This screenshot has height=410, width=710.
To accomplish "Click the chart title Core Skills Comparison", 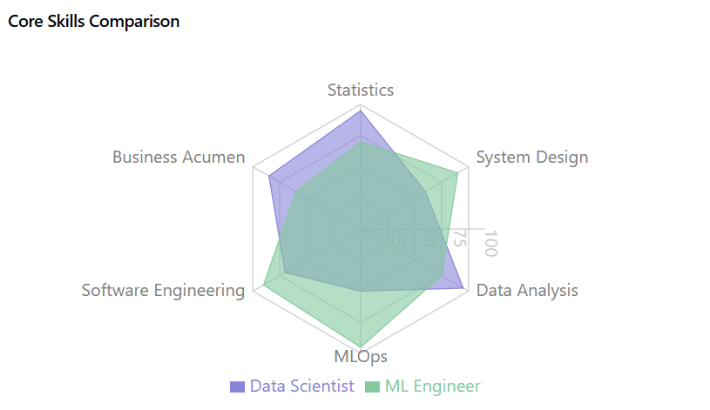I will pyautogui.click(x=94, y=22).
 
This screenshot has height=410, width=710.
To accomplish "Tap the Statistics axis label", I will pyautogui.click(x=361, y=90).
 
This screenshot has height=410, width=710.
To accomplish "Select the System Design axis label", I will pyautogui.click(x=531, y=158).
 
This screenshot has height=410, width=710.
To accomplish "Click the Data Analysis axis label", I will pyautogui.click(x=526, y=291).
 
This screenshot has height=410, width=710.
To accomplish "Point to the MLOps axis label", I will pyautogui.click(x=361, y=357).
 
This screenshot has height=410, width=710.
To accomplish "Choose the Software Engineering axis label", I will pyautogui.click(x=163, y=291).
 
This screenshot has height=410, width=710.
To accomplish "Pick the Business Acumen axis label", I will pyautogui.click(x=179, y=158).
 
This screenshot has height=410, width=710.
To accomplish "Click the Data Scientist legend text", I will pyautogui.click(x=301, y=386).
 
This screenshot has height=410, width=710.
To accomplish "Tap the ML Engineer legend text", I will pyautogui.click(x=432, y=386).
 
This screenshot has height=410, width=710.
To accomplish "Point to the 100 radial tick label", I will pyautogui.click(x=490, y=244).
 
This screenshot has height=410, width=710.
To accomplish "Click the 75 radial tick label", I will pyautogui.click(x=459, y=239).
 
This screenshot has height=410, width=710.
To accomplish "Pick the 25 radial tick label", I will pyautogui.click(x=397, y=237).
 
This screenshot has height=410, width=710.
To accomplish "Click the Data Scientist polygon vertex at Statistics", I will pyautogui.click(x=361, y=111).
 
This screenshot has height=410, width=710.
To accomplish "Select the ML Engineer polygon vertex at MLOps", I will pyautogui.click(x=361, y=346).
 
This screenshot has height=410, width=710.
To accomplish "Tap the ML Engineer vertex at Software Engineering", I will pyautogui.click(x=264, y=284).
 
